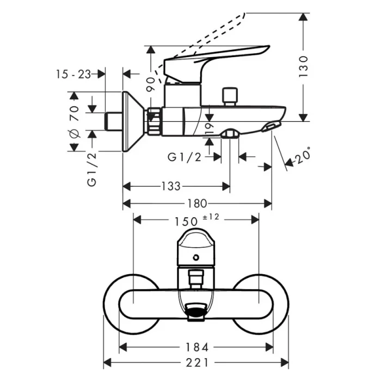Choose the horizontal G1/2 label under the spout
click(x=184, y=157)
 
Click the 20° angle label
click(x=302, y=157)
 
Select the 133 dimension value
click(x=171, y=187)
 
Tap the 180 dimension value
click(x=196, y=204)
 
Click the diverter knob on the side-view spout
click(x=231, y=96)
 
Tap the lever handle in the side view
click(x=218, y=57)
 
